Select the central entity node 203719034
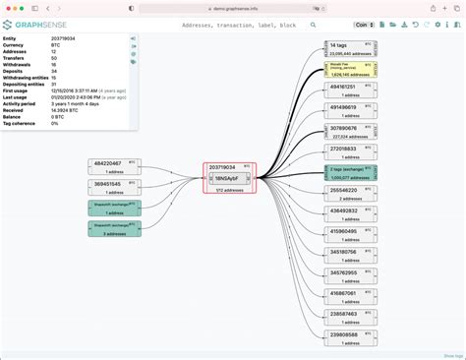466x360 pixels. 228,168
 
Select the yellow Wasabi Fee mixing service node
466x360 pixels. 350,72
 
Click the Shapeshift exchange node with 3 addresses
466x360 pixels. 114,229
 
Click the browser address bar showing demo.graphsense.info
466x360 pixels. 233,7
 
